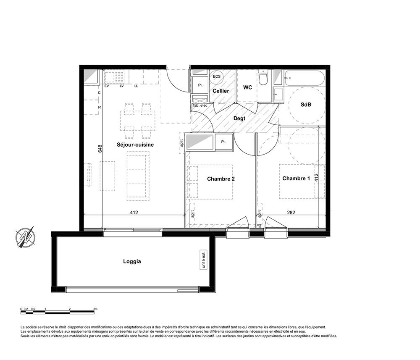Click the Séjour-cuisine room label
pos(135,145)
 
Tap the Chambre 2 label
pos(221,179)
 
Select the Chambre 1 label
pos(296,179)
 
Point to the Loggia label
pos(132,261)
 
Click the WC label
pos(247,87)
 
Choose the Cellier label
pos(221,91)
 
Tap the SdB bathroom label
pos(306,105)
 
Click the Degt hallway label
pos(239,118)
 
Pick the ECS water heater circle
pos(217,76)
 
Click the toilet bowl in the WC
pos(263,78)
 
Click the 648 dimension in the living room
pos(100,149)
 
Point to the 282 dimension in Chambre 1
pos(291,213)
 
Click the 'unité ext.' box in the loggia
pos(204,260)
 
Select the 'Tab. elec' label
pos(200,105)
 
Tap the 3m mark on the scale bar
pos(95,309)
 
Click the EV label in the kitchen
pos(107,86)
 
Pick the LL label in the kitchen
pos(136,86)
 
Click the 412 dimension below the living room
pos(134,213)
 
